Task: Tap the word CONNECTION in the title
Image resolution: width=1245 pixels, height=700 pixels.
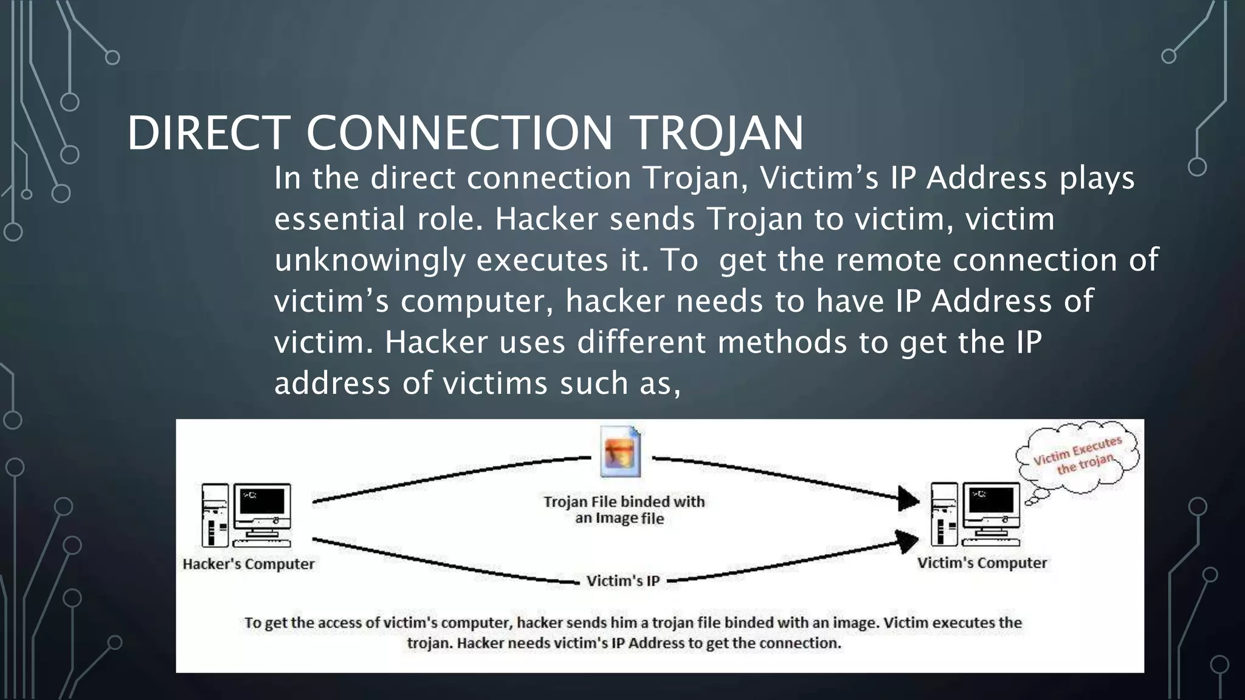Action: tap(460, 133)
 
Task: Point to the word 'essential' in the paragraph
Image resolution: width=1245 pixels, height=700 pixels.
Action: tap(339, 219)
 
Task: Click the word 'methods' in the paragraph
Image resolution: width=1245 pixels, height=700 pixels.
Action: tap(782, 342)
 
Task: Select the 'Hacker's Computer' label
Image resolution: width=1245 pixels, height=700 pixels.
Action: tap(249, 564)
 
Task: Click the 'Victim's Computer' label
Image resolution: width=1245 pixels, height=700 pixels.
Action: tap(982, 563)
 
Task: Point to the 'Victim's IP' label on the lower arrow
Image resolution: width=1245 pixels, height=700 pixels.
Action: tap(623, 582)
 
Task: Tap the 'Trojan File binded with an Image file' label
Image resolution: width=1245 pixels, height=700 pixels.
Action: tap(623, 510)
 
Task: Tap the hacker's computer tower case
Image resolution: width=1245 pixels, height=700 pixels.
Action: tap(215, 515)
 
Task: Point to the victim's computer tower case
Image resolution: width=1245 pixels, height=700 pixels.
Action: tap(944, 514)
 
